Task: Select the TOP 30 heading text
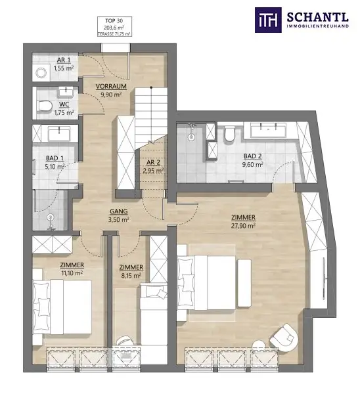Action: click(x=106, y=20)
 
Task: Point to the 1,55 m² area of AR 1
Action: click(x=63, y=68)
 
